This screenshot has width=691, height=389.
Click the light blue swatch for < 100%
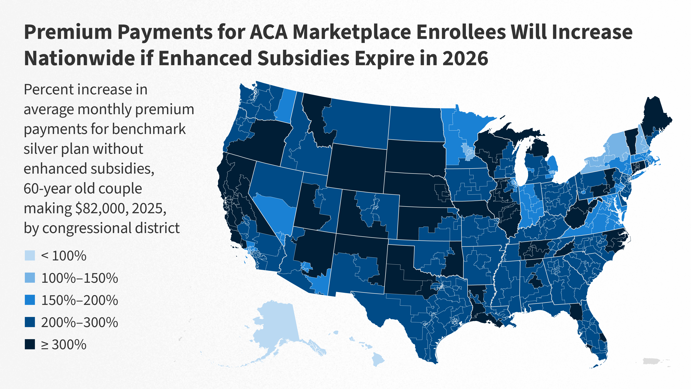tap(30, 256)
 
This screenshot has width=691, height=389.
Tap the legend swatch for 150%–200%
tap(30, 300)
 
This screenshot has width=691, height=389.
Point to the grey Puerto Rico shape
tap(652, 361)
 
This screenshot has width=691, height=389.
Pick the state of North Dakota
tap(414, 124)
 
